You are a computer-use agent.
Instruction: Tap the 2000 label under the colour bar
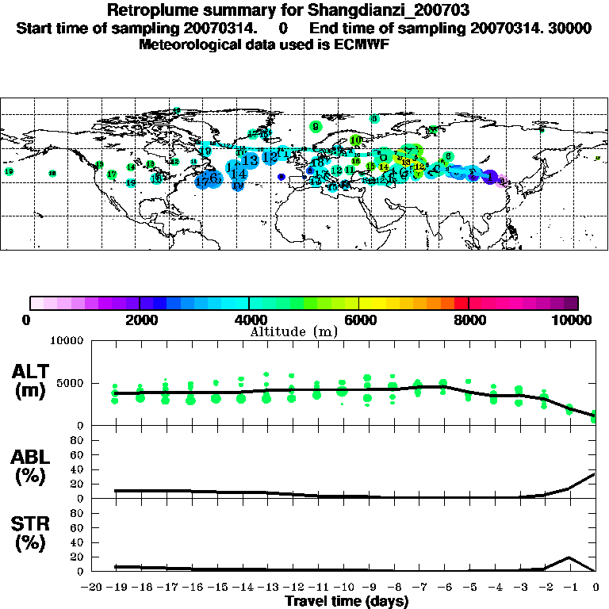[x=139, y=320]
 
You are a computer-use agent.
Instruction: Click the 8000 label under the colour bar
[x=469, y=320]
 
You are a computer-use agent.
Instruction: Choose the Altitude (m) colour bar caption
[x=293, y=331]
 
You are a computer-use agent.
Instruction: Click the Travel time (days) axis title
[x=347, y=601]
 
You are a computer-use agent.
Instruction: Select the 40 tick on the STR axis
[x=78, y=542]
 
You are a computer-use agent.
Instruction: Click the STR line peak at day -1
[x=571, y=557]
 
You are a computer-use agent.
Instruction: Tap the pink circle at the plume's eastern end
[x=502, y=181]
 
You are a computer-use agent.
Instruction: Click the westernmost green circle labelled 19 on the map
[x=10, y=171]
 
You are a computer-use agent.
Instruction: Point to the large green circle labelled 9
[x=316, y=126]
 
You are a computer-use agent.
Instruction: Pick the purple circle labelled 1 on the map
[x=490, y=177]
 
